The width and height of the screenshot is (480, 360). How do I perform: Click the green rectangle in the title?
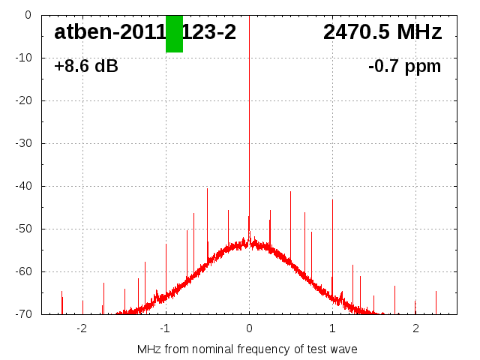click(174, 34)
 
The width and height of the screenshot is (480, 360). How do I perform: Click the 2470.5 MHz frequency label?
click(382, 32)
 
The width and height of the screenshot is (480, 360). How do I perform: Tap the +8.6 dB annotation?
click(86, 67)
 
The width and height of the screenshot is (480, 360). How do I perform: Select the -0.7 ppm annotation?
click(404, 67)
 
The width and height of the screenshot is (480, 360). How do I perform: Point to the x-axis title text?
click(247, 349)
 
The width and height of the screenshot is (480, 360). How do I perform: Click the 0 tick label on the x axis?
click(249, 328)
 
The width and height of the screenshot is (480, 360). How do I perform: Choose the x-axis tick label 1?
click(332, 328)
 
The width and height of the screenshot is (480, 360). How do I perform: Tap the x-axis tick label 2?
click(415, 328)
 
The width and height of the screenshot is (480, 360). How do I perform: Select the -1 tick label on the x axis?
click(164, 328)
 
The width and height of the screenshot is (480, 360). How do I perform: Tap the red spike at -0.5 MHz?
click(207, 217)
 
